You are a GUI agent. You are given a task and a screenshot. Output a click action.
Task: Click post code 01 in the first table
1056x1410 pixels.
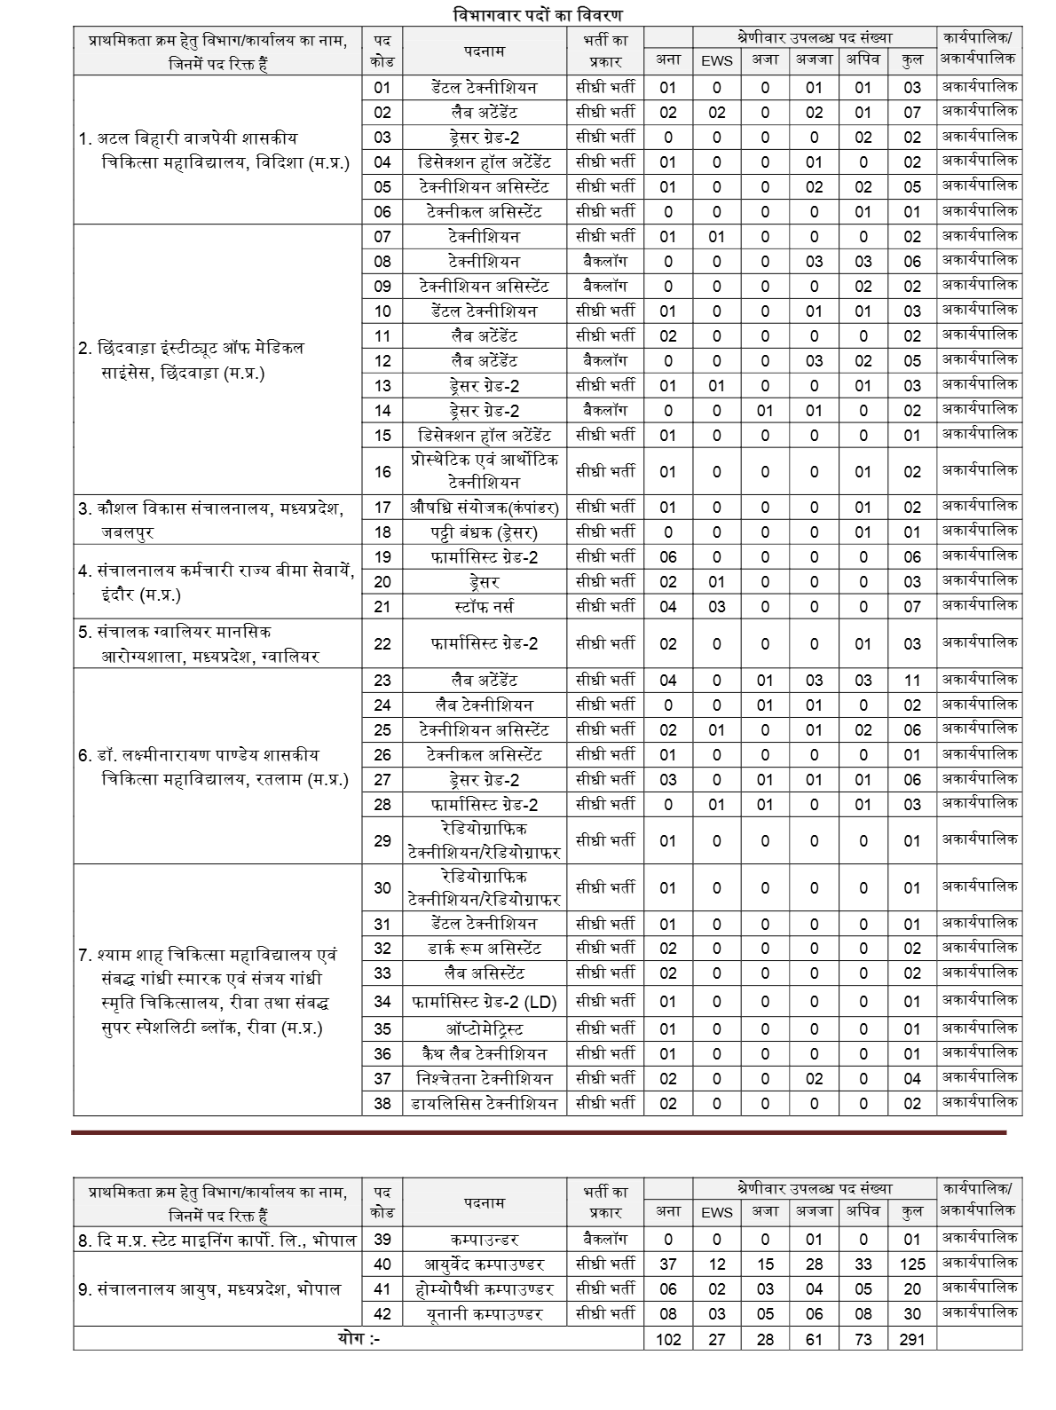382,88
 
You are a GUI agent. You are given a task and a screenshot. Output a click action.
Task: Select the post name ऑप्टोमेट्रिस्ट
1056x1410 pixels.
484,1029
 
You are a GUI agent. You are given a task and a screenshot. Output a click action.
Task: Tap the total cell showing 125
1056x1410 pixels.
911,1264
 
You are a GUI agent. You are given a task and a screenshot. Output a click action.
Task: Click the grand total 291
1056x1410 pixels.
911,1339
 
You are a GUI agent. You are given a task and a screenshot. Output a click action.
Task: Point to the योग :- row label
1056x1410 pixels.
359,1339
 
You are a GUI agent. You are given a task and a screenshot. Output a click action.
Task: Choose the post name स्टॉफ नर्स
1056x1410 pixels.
484,607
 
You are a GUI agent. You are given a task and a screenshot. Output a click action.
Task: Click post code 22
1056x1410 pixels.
382,643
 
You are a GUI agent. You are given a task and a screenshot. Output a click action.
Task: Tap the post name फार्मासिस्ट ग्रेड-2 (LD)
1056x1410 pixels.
484,1002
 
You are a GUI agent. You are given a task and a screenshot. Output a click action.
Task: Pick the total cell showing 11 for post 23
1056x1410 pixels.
911,681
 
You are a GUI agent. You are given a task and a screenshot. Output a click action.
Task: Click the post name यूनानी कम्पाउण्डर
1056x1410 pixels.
484,1314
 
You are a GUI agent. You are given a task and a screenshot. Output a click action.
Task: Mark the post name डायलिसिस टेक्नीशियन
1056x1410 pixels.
484,1104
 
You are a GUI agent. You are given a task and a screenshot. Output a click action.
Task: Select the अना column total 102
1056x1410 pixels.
668,1339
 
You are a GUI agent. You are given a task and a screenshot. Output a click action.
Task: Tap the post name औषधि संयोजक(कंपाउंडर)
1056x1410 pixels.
484,508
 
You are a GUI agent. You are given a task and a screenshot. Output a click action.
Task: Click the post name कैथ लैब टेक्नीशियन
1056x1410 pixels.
484,1054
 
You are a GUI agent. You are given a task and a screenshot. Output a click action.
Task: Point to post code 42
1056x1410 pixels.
382,1314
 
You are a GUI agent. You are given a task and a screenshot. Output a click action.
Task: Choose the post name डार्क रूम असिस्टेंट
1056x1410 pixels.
484,949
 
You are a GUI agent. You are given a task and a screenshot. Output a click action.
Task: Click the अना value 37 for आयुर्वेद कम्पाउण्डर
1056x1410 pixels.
668,1264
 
